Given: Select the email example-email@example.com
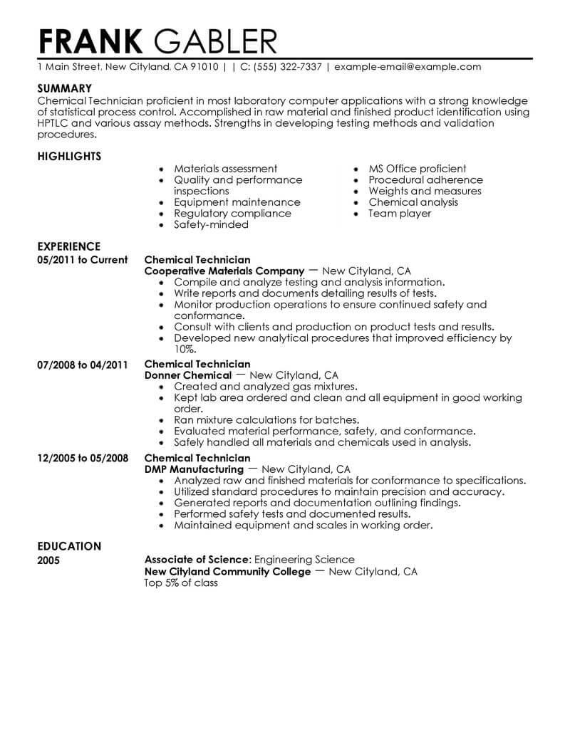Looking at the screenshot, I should point(408,67).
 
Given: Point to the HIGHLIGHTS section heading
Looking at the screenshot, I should point(69,156).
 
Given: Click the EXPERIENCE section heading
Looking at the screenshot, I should point(69,247).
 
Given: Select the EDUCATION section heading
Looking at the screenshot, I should point(69,546).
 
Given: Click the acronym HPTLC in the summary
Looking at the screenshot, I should point(54,123).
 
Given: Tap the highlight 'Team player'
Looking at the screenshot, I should point(400,213).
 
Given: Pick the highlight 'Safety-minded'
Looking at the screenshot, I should point(211,224).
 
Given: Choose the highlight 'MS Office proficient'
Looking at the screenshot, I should point(418,169).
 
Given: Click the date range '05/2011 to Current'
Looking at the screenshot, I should point(82,260).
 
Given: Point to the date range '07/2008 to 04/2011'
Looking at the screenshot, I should point(82,364).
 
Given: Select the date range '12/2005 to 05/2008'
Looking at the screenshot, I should point(82,458).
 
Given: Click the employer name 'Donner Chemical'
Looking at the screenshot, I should point(188,375).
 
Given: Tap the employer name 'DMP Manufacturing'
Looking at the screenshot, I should point(194,469).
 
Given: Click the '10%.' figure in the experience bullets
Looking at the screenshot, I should point(185,350).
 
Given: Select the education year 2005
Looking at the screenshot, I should point(48,560).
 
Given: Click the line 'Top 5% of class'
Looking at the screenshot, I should point(181,582).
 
